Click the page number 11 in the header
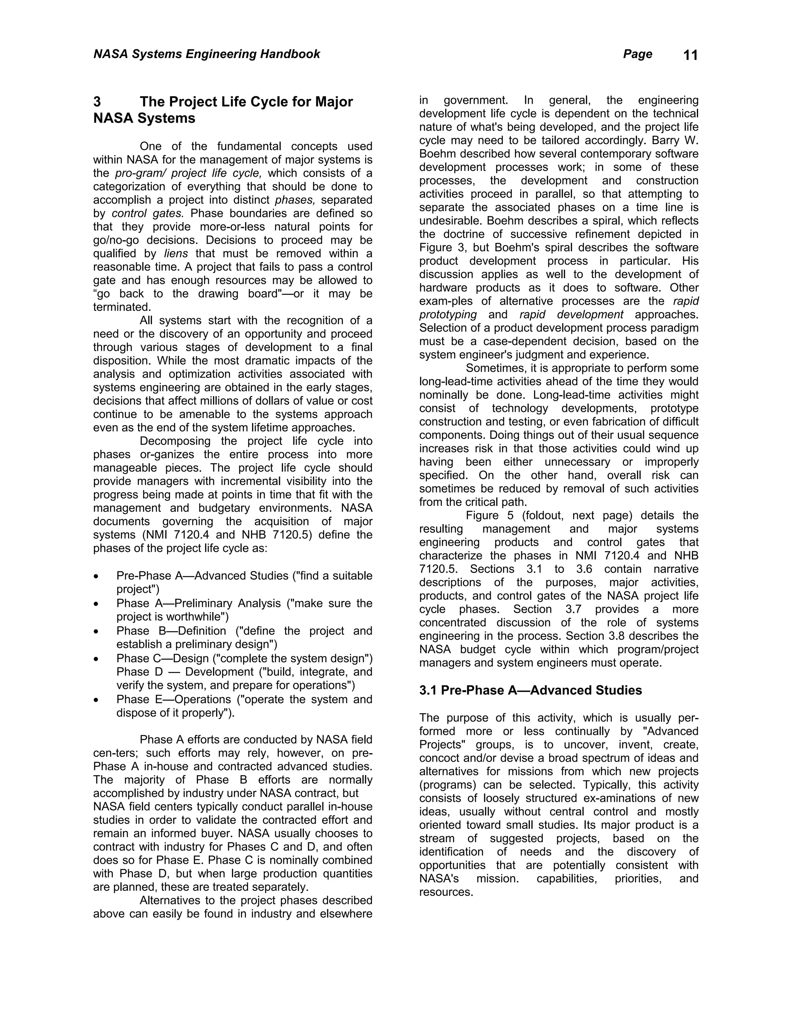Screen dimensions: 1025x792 pyautogui.click(x=690, y=55)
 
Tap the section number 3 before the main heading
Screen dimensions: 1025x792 pyautogui.click(x=97, y=102)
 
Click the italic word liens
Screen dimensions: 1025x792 pyautogui.click(x=176, y=254)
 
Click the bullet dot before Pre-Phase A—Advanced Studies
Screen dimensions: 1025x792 pyautogui.click(x=96, y=576)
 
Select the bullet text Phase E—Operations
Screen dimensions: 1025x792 pyautogui.click(x=174, y=699)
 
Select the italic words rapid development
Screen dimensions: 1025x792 pyautogui.click(x=571, y=314)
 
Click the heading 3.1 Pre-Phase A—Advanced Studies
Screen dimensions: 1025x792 pyautogui.click(x=530, y=690)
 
